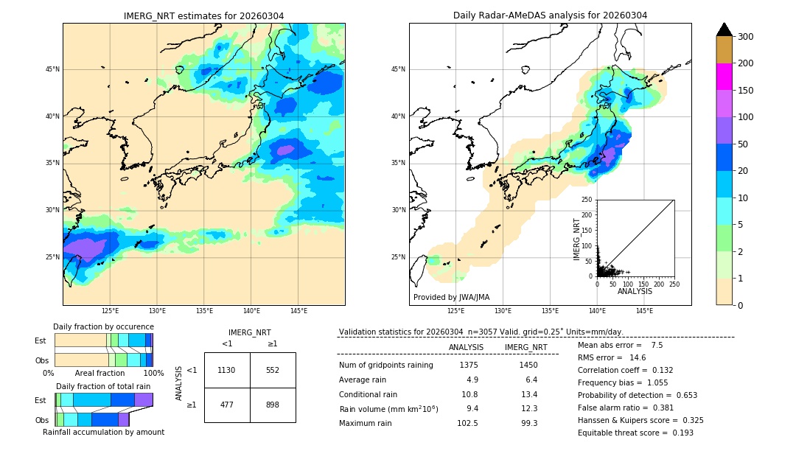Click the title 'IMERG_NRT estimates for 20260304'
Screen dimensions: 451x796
tap(203, 15)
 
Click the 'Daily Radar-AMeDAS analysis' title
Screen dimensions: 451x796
tap(550, 15)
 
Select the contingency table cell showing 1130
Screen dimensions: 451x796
tap(226, 370)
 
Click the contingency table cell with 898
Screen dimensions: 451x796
tap(272, 405)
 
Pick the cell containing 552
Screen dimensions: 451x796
tap(272, 370)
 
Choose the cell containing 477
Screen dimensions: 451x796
tap(226, 405)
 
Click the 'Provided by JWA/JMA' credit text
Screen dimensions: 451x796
tap(451, 297)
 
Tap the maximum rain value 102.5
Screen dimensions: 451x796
tap(467, 423)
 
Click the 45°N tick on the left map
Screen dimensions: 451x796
tap(52, 69)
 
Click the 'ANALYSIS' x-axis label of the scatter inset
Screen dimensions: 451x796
tap(635, 292)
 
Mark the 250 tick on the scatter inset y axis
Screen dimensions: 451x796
tap(587, 200)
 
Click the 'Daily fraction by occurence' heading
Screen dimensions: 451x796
tap(103, 326)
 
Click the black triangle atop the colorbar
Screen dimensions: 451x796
tap(725, 29)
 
